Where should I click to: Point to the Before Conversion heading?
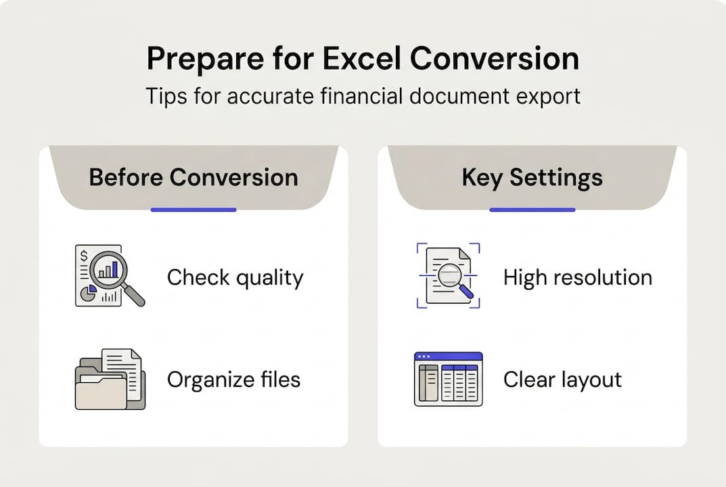pyautogui.click(x=194, y=177)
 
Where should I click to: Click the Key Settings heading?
pyautogui.click(x=532, y=177)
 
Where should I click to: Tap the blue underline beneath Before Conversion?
pyautogui.click(x=194, y=210)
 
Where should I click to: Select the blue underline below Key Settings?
pyautogui.click(x=532, y=210)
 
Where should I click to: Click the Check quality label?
pyautogui.click(x=235, y=277)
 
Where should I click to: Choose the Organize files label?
pyautogui.click(x=233, y=379)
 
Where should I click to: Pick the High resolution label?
pyautogui.click(x=577, y=277)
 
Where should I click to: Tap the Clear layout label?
pyautogui.click(x=562, y=379)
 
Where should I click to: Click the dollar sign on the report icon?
pyautogui.click(x=84, y=256)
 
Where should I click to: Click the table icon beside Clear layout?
pyautogui.click(x=448, y=379)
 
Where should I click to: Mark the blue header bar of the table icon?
pyautogui.click(x=448, y=356)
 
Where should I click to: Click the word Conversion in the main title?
pyautogui.click(x=495, y=59)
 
